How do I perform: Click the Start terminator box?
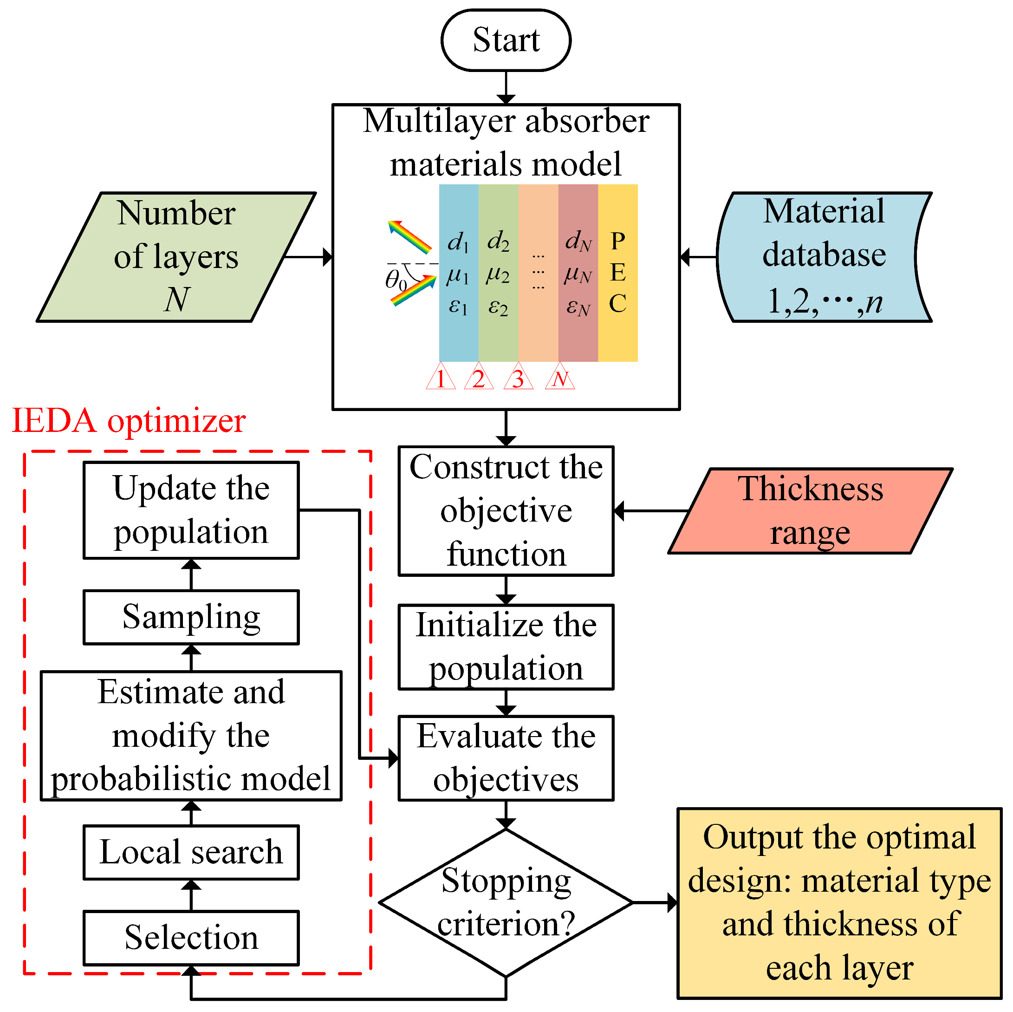[x=506, y=40]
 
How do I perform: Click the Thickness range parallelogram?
[x=810, y=510]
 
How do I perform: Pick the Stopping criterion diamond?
[x=506, y=902]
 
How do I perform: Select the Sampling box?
[x=191, y=617]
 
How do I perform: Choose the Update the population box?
[x=191, y=510]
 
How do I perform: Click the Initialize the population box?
[x=506, y=647]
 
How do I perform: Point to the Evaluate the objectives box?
[x=506, y=757]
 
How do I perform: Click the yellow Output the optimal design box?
[x=839, y=902]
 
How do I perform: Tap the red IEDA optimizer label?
[x=129, y=421]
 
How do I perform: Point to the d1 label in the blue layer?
[x=458, y=242]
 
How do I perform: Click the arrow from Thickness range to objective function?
[x=650, y=510]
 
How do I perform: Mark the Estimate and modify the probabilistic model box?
[x=191, y=736]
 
